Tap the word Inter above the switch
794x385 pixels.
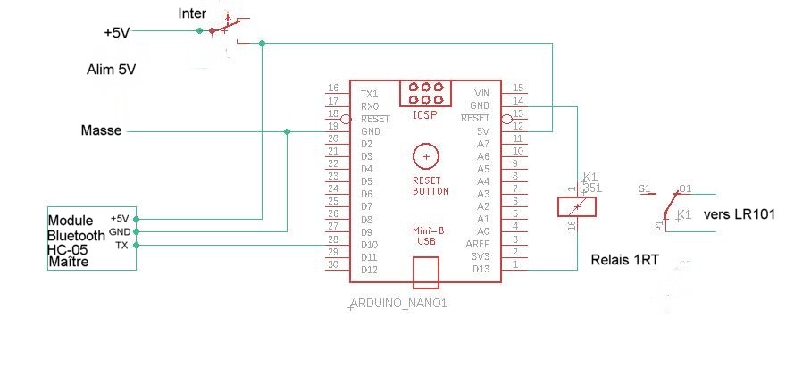(193, 13)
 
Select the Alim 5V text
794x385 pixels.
(112, 69)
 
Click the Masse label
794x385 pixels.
(101, 131)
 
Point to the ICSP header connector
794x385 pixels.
(426, 93)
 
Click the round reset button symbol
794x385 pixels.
(426, 156)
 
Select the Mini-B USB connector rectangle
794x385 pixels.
(426, 272)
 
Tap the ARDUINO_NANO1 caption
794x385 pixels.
(397, 304)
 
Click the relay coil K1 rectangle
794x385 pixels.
(576, 207)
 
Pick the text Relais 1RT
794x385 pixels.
(624, 260)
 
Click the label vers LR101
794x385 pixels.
(739, 214)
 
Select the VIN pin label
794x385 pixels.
(481, 93)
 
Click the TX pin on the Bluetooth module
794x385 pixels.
(122, 245)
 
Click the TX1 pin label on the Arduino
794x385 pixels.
(369, 93)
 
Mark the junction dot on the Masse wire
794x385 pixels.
(287, 131)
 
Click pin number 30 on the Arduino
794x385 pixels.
(333, 264)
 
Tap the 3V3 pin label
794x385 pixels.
(481, 256)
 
